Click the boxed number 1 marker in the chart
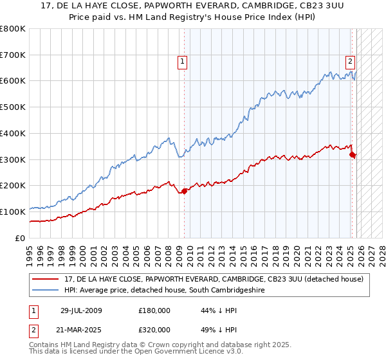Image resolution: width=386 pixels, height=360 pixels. click(183, 62)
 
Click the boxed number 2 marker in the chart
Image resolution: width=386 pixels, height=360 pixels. click(350, 62)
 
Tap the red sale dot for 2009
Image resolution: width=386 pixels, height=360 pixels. click(185, 190)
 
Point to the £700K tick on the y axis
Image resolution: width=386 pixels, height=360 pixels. click(14, 55)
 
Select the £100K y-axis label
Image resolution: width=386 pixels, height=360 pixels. click(14, 212)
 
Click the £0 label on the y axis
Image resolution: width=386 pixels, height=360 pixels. click(21, 238)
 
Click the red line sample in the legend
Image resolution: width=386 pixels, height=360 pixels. click(46, 279)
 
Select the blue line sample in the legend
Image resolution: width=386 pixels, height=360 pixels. click(46, 291)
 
